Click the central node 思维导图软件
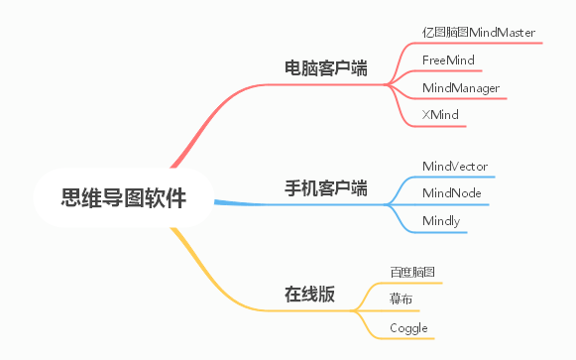pyautogui.click(x=123, y=198)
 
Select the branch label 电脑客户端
pyautogui.click(x=326, y=69)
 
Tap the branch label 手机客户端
pyautogui.click(x=326, y=187)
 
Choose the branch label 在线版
pyautogui.click(x=309, y=295)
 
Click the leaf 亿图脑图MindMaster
pyautogui.click(x=478, y=33)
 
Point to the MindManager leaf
pyautogui.click(x=460, y=88)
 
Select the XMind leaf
pyautogui.click(x=439, y=116)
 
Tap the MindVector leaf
pyautogui.click(x=454, y=166)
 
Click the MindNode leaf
pyautogui.click(x=451, y=192)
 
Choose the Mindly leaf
pyautogui.click(x=441, y=220)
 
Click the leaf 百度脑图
pyautogui.click(x=412, y=272)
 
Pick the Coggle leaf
pyautogui.click(x=408, y=326)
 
